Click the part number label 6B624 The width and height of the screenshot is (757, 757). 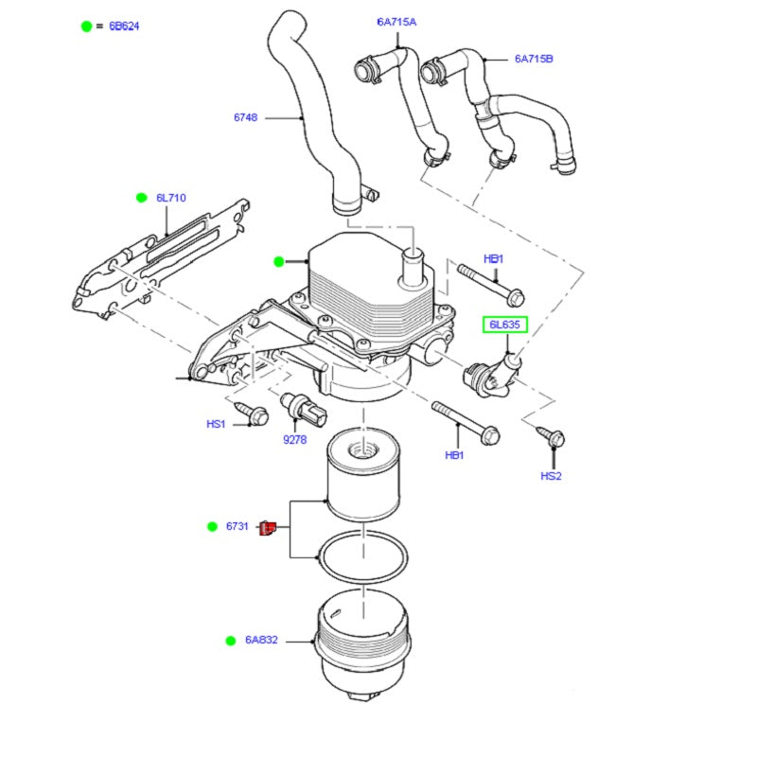[124, 26]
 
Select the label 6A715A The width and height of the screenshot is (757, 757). [396, 22]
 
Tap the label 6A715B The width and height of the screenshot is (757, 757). [534, 59]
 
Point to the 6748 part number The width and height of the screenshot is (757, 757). [246, 117]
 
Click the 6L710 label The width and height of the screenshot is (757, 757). [171, 198]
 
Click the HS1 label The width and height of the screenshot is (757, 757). [217, 424]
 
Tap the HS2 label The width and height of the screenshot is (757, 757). [551, 476]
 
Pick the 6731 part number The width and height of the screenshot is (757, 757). [237, 526]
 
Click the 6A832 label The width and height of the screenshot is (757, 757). [261, 641]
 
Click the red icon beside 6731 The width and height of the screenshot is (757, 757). [268, 527]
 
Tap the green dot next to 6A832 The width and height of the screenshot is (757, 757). [230, 641]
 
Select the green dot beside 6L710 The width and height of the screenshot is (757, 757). [141, 198]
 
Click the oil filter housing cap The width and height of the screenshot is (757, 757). [363, 643]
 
